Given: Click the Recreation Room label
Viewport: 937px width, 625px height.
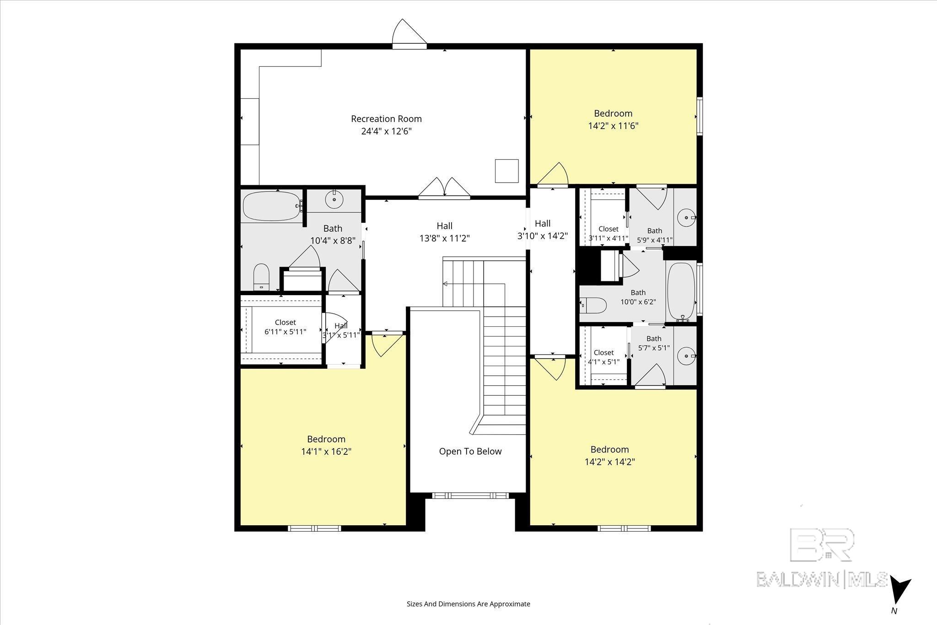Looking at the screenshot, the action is point(386,119).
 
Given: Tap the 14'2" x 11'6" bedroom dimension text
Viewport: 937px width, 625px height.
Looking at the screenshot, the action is point(613,126).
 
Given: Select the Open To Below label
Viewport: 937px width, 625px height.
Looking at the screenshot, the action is point(470,452).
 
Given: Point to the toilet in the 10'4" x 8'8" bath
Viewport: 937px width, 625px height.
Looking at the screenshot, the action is point(262,276).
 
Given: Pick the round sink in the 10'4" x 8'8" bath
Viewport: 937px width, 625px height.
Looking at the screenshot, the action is point(334,199).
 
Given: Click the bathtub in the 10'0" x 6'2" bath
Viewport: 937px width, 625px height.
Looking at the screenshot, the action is point(681,292).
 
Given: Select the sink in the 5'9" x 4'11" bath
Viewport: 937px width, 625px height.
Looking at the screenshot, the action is point(686,218).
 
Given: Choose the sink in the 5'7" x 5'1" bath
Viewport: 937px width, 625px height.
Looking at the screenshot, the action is point(686,356).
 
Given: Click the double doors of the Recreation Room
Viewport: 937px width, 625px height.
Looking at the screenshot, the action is point(445,188).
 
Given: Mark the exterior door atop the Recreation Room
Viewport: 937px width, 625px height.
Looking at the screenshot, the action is point(409,33).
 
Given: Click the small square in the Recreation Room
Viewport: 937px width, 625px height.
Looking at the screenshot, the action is point(507,171).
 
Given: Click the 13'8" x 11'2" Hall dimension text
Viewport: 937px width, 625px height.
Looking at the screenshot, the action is point(445,238).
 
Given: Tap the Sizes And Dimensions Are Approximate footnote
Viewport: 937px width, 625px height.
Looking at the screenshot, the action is point(468,604).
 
